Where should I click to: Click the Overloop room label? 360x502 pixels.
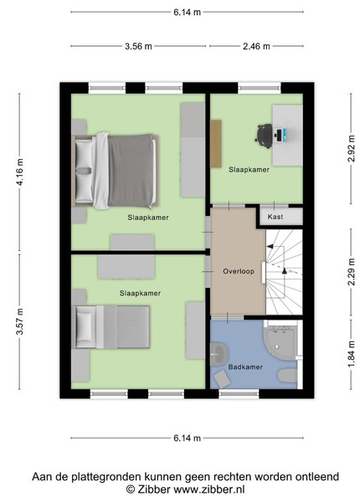pos(239,271)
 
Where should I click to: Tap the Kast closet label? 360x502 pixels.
pos(275,217)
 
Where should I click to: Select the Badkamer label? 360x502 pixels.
pos(245,367)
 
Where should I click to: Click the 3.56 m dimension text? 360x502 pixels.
pos(138,46)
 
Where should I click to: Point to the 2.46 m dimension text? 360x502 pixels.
pos(256,46)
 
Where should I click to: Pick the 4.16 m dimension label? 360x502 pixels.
pos(20,172)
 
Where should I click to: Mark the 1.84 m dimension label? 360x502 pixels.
pos(352,355)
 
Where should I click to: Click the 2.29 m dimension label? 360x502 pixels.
pos(352,272)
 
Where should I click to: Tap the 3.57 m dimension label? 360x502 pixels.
pos(20,321)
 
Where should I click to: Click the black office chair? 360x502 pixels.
pos(264,136)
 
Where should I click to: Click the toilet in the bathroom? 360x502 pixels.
pos(287,375)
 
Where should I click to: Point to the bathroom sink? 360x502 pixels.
pos(219,354)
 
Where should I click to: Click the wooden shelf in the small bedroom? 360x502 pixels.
pos(216,143)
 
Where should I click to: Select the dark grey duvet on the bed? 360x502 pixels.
pos(131,171)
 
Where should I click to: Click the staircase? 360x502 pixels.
pos(284,272)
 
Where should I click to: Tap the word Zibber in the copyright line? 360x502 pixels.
pos(154,489)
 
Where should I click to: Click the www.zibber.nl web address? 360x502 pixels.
pos(209,489)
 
